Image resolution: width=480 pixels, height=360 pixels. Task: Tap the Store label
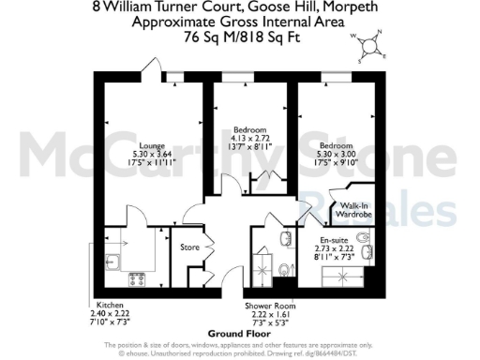[x=191, y=247]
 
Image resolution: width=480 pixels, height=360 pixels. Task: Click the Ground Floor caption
[x=239, y=334]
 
